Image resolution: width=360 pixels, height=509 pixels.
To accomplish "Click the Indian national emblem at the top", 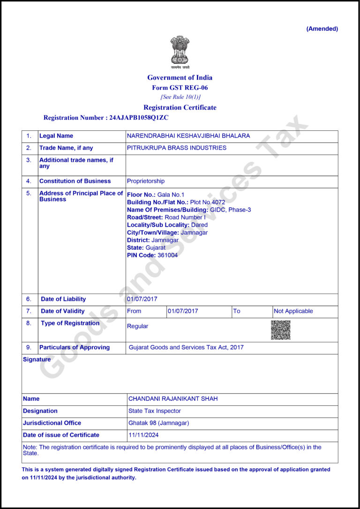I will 180,51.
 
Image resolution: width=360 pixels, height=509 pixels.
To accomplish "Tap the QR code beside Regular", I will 280,330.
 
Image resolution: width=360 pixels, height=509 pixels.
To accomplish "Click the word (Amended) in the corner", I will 322,29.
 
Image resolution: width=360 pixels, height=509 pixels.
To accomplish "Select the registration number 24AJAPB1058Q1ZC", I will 139,118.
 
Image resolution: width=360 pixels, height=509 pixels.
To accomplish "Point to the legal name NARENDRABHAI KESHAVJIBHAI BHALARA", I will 188,136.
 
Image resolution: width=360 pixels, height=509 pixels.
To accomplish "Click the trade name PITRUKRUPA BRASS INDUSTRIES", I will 177,148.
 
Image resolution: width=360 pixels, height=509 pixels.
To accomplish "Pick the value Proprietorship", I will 146,181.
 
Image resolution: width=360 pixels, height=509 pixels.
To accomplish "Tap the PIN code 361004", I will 167,255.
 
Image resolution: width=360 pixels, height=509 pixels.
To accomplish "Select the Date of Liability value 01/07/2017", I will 142,299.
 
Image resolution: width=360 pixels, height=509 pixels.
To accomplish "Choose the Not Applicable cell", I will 293,311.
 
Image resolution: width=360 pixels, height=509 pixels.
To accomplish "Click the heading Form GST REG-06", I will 180,88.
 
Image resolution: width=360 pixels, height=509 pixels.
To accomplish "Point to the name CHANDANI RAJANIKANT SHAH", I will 173,399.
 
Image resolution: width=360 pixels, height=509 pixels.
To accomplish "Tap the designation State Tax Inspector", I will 155,411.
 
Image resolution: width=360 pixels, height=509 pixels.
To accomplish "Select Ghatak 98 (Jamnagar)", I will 159,423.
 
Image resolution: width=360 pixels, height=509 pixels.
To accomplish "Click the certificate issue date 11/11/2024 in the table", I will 144,435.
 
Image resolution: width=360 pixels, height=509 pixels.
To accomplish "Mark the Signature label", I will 37,359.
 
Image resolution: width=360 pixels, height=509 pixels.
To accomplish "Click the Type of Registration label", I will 70,323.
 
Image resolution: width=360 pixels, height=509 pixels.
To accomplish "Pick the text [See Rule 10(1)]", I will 180,97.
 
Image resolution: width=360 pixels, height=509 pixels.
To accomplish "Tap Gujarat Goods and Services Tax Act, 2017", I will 186,348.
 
